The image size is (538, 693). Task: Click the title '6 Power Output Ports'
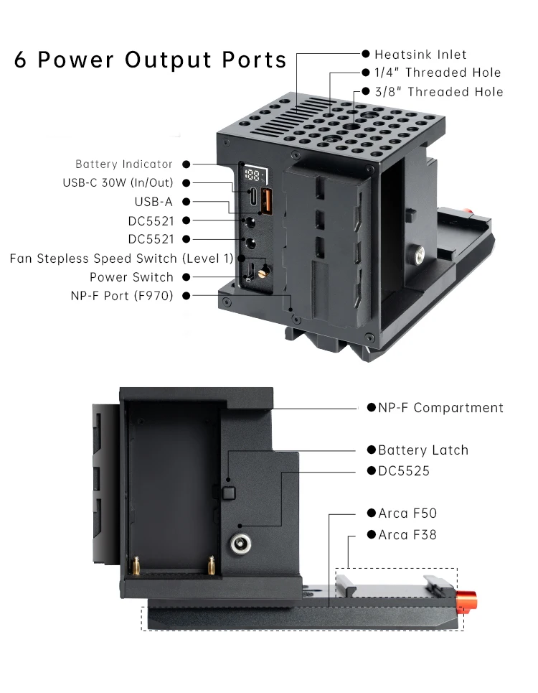(151, 60)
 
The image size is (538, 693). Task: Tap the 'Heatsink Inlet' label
(420, 55)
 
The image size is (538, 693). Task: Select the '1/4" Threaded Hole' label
(438, 73)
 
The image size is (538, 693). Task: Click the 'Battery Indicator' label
(124, 164)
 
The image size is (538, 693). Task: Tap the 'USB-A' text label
(154, 202)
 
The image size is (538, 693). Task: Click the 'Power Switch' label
(131, 277)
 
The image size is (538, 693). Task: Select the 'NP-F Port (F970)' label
(122, 295)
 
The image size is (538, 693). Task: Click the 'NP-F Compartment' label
(440, 408)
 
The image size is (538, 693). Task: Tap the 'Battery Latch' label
(423, 450)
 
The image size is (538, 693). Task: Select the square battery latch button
(230, 492)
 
